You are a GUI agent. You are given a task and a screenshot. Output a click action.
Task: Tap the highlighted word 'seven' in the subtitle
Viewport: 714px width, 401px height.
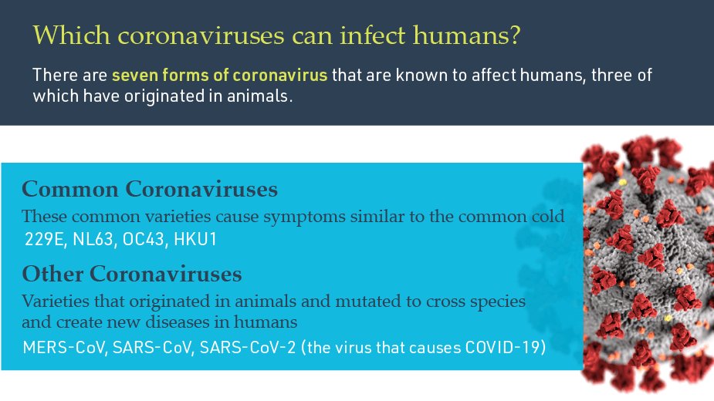coord(130,76)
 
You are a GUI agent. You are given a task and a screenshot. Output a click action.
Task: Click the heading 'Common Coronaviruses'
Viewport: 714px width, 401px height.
coord(150,189)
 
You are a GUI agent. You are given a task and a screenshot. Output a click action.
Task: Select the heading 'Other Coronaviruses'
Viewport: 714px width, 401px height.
coord(132,274)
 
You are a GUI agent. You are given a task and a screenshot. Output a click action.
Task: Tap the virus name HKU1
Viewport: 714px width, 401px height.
coord(196,240)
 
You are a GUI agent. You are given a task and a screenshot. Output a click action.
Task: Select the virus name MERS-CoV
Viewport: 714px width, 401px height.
coord(64,346)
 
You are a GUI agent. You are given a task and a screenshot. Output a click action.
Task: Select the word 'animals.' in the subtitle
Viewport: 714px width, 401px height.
coord(266,97)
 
